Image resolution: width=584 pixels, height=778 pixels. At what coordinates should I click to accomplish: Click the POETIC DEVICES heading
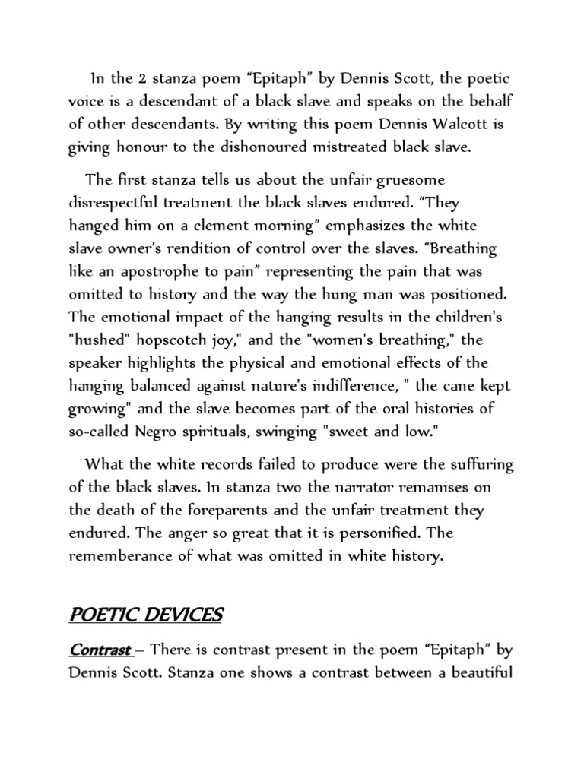point(146,615)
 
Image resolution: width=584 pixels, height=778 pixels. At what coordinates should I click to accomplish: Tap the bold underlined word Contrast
point(100,650)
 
